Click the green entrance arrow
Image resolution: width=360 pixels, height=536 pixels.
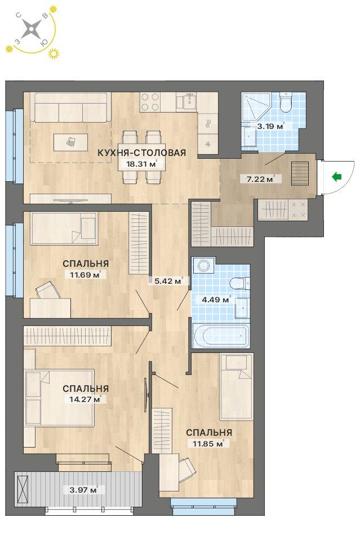(x=337, y=177)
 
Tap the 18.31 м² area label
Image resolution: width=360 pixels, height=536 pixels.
(x=141, y=164)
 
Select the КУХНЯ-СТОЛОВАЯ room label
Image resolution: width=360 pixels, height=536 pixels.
(x=141, y=153)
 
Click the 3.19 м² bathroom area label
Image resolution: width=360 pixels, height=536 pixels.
(x=270, y=126)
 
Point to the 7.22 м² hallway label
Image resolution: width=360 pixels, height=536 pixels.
(x=261, y=178)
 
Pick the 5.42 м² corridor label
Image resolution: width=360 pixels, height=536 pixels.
(x=168, y=282)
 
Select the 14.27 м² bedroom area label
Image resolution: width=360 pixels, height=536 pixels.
(x=86, y=399)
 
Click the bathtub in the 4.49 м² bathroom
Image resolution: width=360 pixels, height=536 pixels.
(x=221, y=336)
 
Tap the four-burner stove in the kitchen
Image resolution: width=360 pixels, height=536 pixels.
(x=150, y=102)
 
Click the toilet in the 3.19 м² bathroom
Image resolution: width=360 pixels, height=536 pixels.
(x=285, y=102)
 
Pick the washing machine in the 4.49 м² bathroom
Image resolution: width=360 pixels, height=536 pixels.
(x=203, y=265)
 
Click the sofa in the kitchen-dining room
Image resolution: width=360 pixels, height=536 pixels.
(x=70, y=107)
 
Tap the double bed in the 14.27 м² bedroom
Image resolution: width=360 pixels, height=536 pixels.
(x=60, y=398)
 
